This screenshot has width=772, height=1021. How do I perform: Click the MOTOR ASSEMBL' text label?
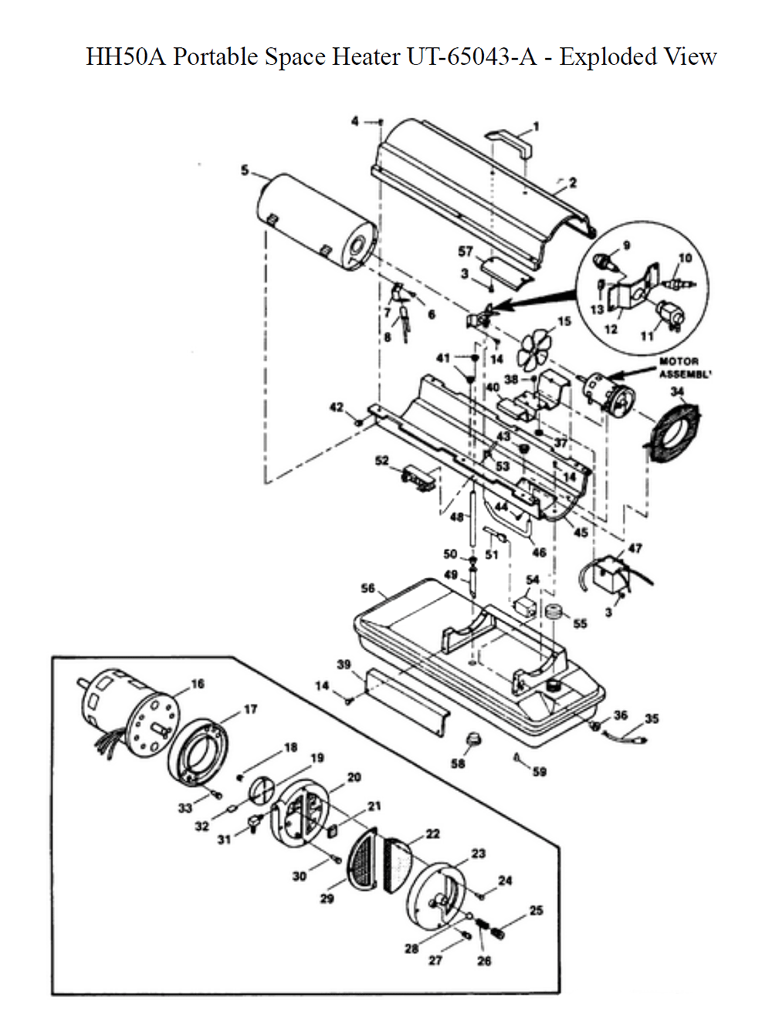coord(679,367)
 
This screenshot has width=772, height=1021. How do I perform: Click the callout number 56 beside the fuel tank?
coord(368,589)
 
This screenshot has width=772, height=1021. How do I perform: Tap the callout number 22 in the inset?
coord(432,833)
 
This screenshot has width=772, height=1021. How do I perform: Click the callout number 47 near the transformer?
coord(635,549)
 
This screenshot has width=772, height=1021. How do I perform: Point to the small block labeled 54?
coord(525,603)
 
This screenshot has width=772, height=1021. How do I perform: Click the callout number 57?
coord(465,252)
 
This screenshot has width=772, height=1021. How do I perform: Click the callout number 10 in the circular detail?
coord(685,258)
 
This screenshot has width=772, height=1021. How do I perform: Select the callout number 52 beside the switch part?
coord(381,461)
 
